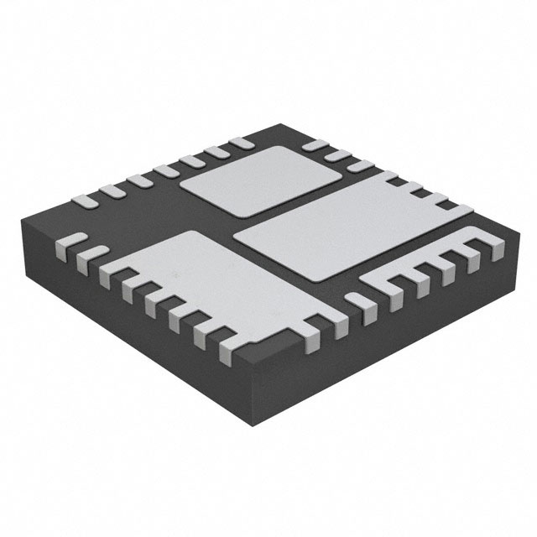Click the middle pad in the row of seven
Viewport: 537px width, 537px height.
pos(165,172)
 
